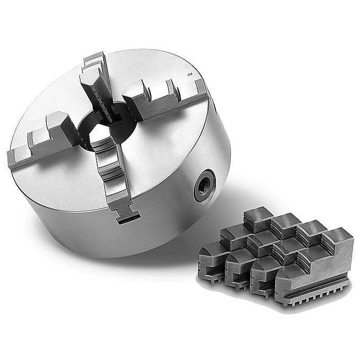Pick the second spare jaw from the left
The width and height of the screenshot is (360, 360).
click(x=244, y=254)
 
